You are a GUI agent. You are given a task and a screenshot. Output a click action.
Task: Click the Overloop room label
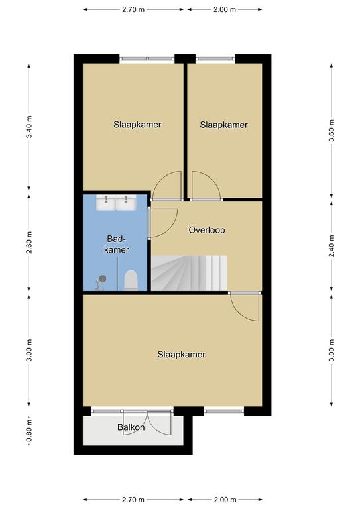(x=207, y=230)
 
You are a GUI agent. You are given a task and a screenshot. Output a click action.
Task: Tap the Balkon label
(x=131, y=427)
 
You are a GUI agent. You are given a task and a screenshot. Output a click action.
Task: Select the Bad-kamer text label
(x=117, y=244)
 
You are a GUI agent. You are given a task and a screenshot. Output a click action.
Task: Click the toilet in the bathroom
(x=131, y=280)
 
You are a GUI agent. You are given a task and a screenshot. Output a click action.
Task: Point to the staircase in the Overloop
(x=189, y=273)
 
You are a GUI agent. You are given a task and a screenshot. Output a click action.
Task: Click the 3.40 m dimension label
(x=29, y=127)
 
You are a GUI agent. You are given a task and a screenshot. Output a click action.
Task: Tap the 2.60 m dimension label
(x=29, y=243)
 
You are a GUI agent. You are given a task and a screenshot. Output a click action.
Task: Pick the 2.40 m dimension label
(x=331, y=246)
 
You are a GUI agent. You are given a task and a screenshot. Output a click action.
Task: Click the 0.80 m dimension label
(x=29, y=430)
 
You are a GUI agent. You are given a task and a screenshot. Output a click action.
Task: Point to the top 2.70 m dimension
(x=133, y=9)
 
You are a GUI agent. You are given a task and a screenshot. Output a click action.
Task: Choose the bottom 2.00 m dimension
(x=225, y=500)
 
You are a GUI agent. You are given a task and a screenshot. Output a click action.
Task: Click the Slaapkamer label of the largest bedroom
(x=182, y=354)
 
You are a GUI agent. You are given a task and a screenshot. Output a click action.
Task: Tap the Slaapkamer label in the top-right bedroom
(x=223, y=125)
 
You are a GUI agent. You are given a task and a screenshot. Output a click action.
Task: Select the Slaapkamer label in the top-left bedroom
(x=137, y=125)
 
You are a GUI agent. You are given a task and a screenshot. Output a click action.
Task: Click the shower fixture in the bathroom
(x=101, y=282)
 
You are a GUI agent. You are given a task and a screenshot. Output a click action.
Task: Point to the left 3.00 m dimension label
(x=29, y=350)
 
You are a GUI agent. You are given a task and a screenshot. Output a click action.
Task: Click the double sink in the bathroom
(x=116, y=203)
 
